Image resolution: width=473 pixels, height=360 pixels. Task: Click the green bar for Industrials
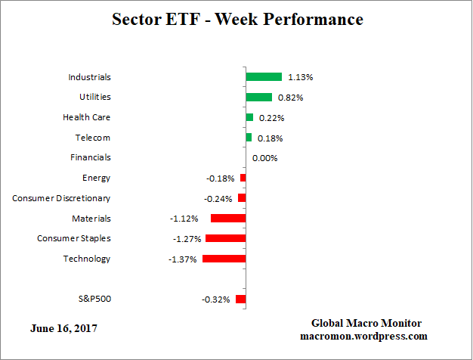(264, 76)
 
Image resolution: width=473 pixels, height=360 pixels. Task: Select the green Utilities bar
(258, 97)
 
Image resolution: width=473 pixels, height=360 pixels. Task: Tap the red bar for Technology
(224, 259)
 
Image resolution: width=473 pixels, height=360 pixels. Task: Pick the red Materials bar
(228, 218)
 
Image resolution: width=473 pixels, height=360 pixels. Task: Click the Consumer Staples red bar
(226, 238)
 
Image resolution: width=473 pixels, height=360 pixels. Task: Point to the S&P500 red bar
(240, 299)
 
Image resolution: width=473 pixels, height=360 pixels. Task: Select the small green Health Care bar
(249, 117)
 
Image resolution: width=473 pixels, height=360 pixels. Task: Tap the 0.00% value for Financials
(264, 158)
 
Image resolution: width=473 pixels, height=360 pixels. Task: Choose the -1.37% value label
(184, 259)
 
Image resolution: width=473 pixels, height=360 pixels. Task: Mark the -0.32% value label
(216, 299)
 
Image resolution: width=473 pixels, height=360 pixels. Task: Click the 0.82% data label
(292, 98)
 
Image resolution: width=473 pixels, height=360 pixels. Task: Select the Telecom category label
(93, 138)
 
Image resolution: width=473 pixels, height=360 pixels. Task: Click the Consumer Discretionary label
(61, 198)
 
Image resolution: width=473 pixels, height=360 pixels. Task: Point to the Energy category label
(96, 178)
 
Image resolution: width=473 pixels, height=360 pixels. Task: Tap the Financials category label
(90, 157)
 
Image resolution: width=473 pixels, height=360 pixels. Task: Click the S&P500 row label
(94, 299)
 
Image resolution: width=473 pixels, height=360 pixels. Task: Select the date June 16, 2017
(63, 328)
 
